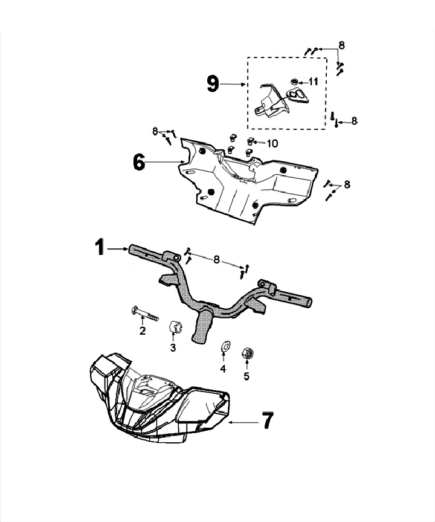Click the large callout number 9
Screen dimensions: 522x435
point(213,84)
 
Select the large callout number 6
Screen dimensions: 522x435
point(139,161)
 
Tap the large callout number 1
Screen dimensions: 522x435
point(100,248)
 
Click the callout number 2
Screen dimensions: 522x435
point(143,330)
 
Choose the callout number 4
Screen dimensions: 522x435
point(223,369)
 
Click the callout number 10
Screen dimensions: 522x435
point(272,143)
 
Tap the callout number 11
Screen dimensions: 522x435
point(313,81)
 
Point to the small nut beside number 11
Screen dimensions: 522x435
point(294,81)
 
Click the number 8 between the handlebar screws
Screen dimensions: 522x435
point(216,259)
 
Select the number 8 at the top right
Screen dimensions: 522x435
point(342,45)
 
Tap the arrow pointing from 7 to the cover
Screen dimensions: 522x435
point(245,422)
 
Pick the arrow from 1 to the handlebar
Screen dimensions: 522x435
point(117,248)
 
